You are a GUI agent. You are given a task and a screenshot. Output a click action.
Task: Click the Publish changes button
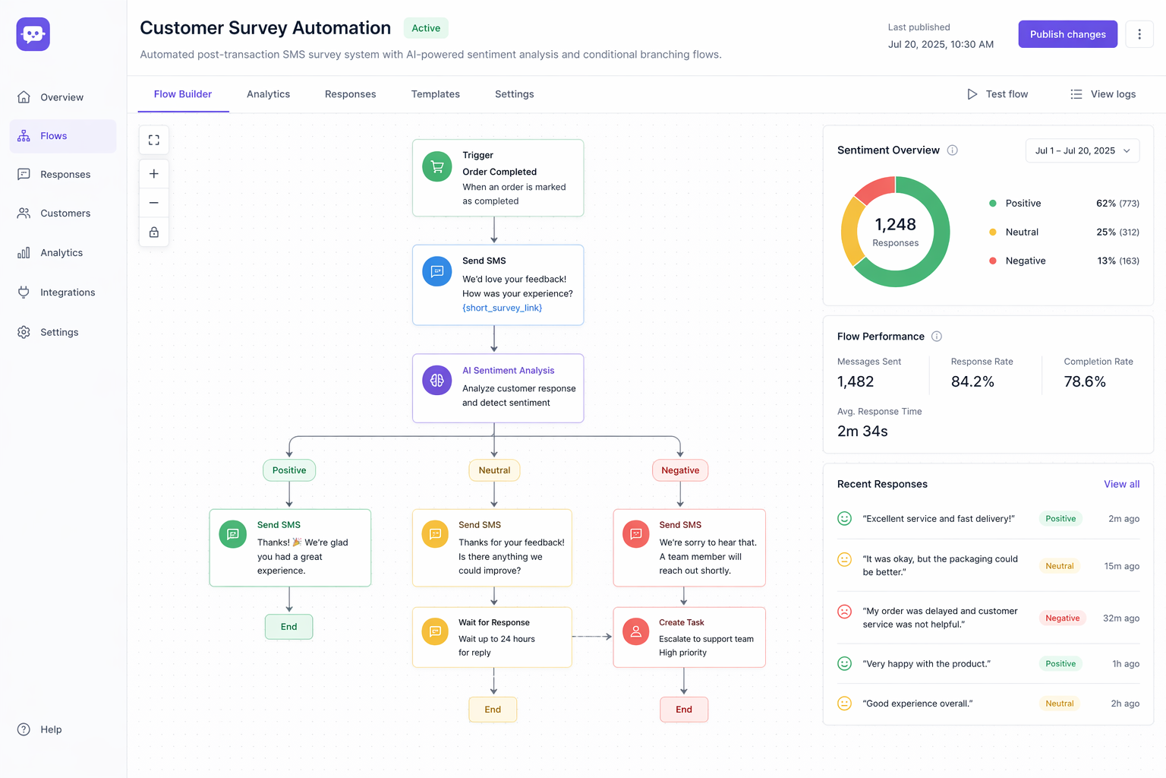click(x=1067, y=34)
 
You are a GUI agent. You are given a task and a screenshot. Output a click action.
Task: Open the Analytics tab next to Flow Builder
click(x=268, y=94)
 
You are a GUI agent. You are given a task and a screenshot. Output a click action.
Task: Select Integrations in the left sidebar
click(x=68, y=293)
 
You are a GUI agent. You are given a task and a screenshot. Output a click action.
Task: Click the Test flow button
click(x=997, y=94)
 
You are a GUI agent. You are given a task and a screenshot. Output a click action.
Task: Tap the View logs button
click(x=1103, y=94)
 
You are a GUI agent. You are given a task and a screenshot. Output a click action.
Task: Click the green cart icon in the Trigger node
click(x=437, y=167)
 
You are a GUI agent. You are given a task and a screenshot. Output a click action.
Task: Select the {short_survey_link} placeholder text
click(x=502, y=308)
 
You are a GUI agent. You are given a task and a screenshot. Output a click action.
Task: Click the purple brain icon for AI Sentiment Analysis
click(x=437, y=381)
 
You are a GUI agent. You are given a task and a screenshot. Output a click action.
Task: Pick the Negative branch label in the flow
click(x=680, y=470)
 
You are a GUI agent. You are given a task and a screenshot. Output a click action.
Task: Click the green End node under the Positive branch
click(x=288, y=627)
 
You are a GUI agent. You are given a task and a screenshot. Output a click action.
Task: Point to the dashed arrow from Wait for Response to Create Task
click(x=591, y=637)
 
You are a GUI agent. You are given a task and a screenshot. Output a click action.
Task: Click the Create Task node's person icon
click(x=636, y=631)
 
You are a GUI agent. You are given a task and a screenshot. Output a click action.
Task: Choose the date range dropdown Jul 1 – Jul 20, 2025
click(x=1082, y=150)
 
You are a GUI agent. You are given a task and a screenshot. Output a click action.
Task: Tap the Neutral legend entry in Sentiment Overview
click(x=1021, y=232)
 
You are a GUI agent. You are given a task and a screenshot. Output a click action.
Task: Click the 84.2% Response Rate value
click(x=972, y=381)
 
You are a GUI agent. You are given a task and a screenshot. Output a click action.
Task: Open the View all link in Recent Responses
click(x=1121, y=484)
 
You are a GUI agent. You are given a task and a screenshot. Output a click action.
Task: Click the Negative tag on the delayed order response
click(x=1062, y=618)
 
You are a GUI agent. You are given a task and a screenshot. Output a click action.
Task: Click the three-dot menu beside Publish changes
click(x=1139, y=34)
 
